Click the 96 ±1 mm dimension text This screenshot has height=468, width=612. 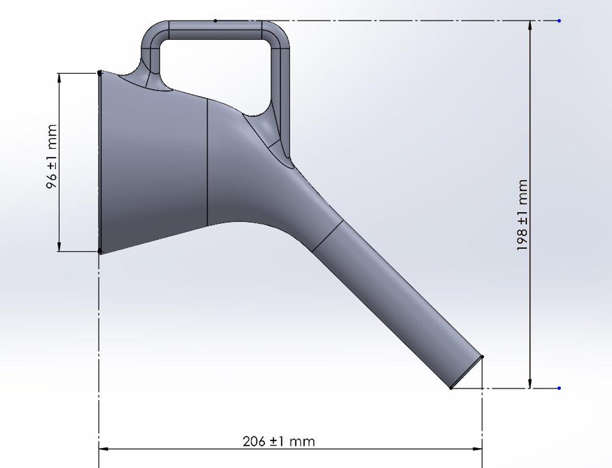pyautogui.click(x=52, y=157)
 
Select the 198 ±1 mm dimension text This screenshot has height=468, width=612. pyautogui.click(x=522, y=215)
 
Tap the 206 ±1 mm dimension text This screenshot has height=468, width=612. pyautogui.click(x=279, y=441)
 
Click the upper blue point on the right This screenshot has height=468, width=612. pyautogui.click(x=559, y=20)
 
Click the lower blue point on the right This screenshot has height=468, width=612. pyautogui.click(x=559, y=388)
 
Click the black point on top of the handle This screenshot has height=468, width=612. pyautogui.click(x=215, y=21)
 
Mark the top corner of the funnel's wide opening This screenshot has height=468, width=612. pyautogui.click(x=100, y=73)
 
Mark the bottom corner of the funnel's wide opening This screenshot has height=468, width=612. pyautogui.click(x=100, y=252)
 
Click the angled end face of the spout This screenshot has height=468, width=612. pyautogui.click(x=467, y=372)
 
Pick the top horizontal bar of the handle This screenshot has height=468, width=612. pyautogui.click(x=216, y=30)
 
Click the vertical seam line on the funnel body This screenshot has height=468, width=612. pyautogui.click(x=207, y=162)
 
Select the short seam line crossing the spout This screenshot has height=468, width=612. pyautogui.click(x=327, y=236)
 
